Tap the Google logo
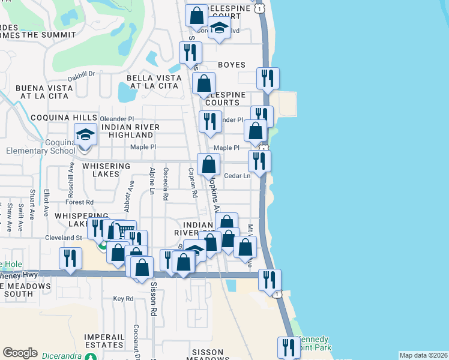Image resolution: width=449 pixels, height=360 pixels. click(20, 353)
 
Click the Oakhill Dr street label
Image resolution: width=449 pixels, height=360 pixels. click(82, 74)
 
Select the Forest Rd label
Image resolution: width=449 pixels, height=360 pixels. click(80, 202)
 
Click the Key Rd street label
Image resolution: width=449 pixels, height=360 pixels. click(123, 298)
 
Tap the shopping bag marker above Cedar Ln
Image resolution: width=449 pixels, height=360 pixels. click(208, 165)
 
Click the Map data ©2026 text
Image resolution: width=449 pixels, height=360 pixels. click(423, 355)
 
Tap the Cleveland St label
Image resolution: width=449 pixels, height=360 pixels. click(63, 238)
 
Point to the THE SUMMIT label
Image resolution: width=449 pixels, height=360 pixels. click(47, 35)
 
